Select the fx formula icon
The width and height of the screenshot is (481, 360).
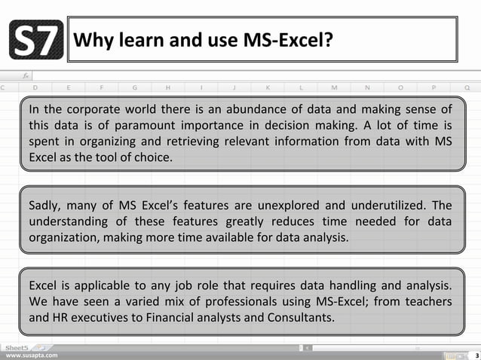25,76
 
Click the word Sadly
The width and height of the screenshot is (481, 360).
46,205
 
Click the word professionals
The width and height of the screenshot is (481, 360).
228,301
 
